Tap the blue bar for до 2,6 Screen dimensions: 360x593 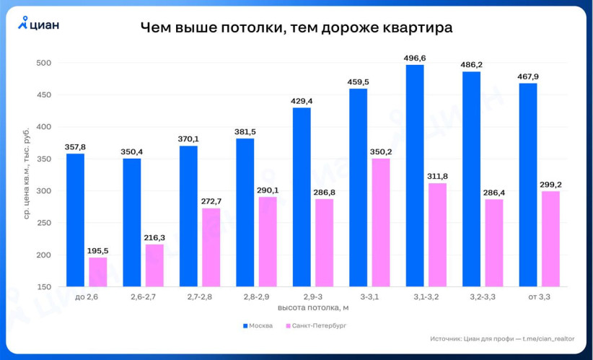point(75,220)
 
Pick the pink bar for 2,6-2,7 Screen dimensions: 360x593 point(154,265)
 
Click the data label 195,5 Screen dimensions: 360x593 point(98,250)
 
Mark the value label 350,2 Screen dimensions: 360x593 point(381,152)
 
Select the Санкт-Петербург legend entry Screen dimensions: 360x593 point(317,325)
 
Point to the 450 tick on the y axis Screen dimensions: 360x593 point(43,95)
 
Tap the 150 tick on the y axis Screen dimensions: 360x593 point(43,287)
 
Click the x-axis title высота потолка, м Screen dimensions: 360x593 point(312,308)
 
